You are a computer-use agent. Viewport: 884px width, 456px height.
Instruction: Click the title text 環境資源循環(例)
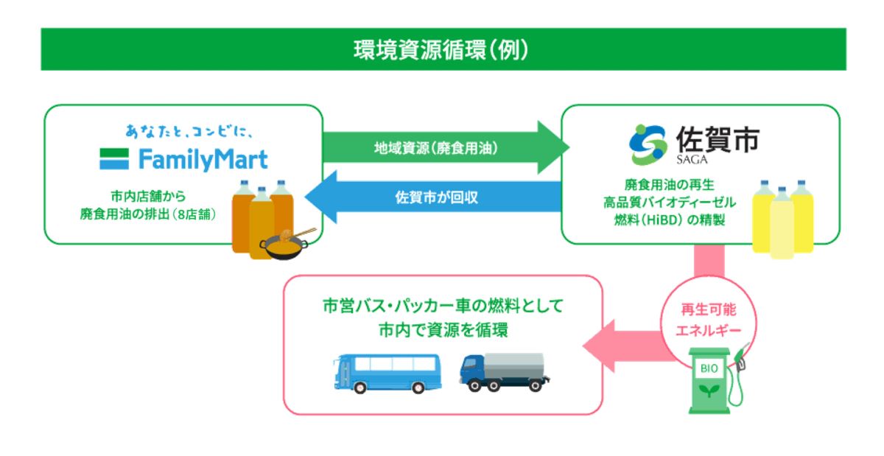[442, 49]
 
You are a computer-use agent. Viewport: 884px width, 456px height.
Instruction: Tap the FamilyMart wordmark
[184, 159]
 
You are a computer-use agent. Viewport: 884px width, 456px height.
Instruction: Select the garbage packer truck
[505, 372]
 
